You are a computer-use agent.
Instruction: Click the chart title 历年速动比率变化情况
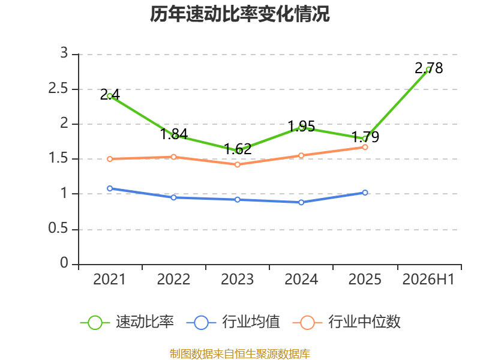(239, 14)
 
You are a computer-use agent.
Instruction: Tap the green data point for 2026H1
(428, 70)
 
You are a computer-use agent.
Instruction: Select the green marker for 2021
(110, 96)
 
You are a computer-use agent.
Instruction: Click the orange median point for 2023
(237, 164)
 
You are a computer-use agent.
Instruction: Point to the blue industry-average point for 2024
(301, 202)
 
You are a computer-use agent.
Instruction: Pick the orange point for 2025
(365, 147)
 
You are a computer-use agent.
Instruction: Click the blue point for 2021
(110, 188)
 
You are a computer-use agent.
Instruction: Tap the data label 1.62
(238, 149)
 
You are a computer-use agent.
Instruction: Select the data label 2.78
(428, 68)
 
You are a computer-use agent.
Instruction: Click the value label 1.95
(302, 126)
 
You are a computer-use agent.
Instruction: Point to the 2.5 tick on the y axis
(58, 89)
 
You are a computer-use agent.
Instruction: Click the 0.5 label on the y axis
(58, 229)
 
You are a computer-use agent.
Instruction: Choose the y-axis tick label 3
(64, 53)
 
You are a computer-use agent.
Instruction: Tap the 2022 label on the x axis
(173, 280)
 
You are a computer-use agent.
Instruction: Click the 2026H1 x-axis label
(428, 280)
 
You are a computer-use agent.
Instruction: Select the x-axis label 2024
(301, 280)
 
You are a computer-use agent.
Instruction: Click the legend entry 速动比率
(127, 322)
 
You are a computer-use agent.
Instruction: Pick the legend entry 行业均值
(233, 322)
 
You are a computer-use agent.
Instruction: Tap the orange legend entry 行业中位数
(347, 322)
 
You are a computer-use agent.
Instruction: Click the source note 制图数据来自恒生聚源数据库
(239, 354)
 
